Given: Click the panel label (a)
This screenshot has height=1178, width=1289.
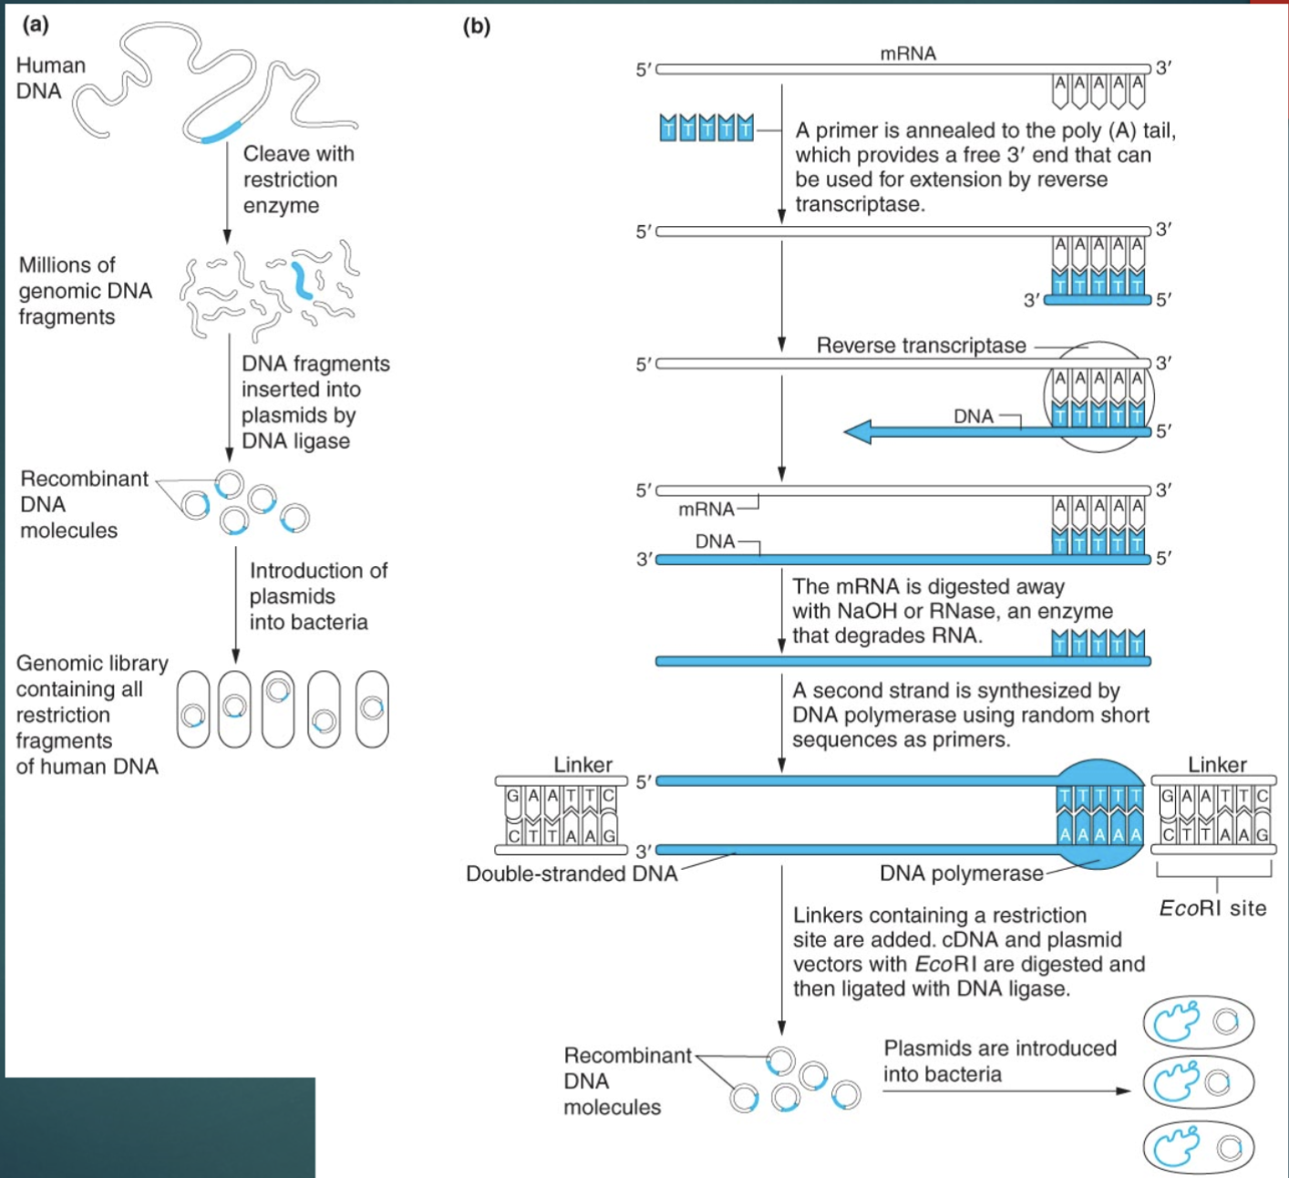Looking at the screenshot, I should [x=35, y=25].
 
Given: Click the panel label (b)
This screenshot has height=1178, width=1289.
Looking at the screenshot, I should [x=476, y=26].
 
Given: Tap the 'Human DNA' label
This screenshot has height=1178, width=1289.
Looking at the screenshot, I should [x=50, y=78].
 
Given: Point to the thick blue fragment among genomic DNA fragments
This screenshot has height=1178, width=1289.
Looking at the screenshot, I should [x=302, y=281].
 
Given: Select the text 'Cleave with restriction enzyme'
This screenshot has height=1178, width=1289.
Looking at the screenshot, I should [x=298, y=180].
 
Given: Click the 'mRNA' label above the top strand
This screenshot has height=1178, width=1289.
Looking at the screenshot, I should [x=907, y=54].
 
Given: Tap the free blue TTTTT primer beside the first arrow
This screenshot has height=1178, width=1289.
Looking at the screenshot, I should [x=706, y=129].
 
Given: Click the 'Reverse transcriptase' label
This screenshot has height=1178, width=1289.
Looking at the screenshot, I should [x=921, y=346].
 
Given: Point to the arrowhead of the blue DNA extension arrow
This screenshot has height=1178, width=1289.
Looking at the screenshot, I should [x=858, y=431].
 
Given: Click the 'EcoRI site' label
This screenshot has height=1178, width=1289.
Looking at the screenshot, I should [x=1212, y=908].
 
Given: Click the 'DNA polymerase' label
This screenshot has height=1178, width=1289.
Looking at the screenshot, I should [x=961, y=873].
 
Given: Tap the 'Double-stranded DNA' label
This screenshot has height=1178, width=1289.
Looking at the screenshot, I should [x=572, y=873].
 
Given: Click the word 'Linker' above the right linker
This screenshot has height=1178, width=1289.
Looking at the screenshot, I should [x=1217, y=764].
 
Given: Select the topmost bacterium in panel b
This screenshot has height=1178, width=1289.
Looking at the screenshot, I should [x=1198, y=1022].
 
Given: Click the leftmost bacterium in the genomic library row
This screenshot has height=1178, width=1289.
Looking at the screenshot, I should [x=193, y=709].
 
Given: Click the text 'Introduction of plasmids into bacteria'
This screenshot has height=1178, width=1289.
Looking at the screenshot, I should [x=317, y=596].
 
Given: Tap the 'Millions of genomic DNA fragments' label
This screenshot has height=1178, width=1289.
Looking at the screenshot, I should [x=85, y=291].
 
